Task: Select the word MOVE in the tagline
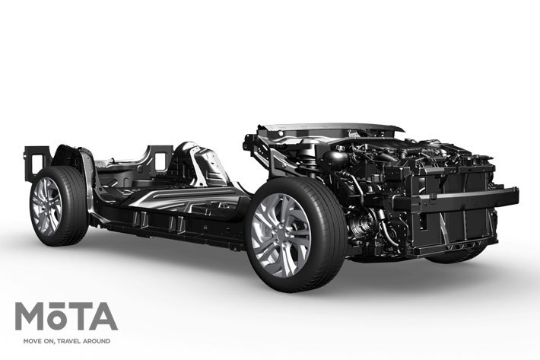click(27, 341)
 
